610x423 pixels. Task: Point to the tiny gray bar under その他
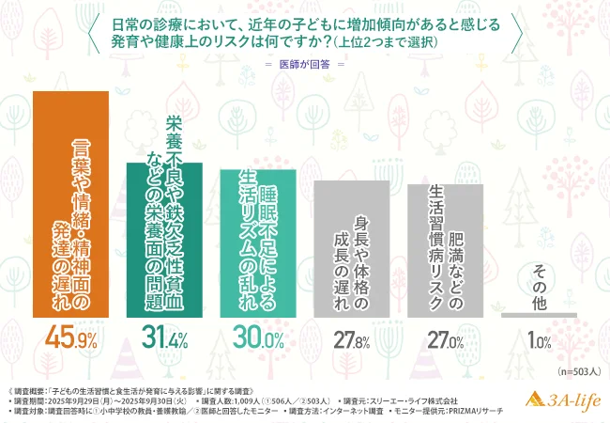539,315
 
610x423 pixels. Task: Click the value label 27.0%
445,341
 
